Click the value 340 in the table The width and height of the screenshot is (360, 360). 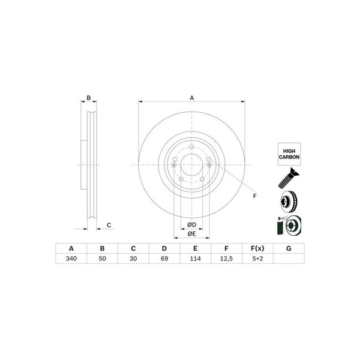pyautogui.click(x=71, y=259)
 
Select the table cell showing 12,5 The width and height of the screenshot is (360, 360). pyautogui.click(x=226, y=259)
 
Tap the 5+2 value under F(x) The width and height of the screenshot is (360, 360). pyautogui.click(x=257, y=259)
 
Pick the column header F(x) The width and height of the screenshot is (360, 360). pyautogui.click(x=257, y=248)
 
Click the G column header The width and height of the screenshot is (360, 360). pyautogui.click(x=289, y=248)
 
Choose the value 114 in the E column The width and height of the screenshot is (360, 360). pyautogui.click(x=196, y=259)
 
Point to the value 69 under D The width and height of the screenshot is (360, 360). pyautogui.click(x=164, y=259)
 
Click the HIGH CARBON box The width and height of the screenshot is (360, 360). pyautogui.click(x=289, y=154)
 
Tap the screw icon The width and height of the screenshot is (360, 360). pyautogui.click(x=289, y=178)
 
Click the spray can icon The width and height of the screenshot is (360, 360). pyautogui.click(x=280, y=226)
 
